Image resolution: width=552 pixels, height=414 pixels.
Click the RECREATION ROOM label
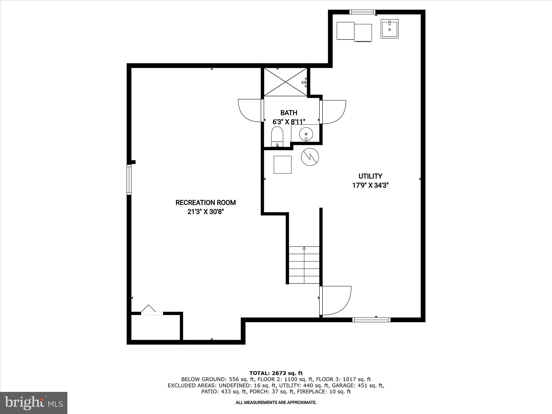coord(206,202)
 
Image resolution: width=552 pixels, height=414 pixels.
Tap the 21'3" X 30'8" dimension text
coord(206,212)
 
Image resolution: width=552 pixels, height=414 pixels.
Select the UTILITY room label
coord(370,176)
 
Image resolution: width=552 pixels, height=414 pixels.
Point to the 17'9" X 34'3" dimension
coord(370,185)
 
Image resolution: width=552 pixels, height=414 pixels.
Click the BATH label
coord(289,113)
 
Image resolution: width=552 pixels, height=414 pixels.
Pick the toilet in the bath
coord(277,137)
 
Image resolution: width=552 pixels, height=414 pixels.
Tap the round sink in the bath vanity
coord(306,134)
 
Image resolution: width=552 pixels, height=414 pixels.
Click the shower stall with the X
coord(285,82)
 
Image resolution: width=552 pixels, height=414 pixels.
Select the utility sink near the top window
coord(389,29)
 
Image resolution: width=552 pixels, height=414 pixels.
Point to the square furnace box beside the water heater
coord(282,164)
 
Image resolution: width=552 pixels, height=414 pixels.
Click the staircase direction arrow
coord(304,248)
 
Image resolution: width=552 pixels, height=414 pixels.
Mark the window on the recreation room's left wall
coord(129,180)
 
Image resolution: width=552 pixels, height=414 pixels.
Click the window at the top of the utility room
coord(362,12)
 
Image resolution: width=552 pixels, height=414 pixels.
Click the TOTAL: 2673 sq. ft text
coord(276,373)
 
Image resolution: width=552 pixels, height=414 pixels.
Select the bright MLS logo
coord(34,403)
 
